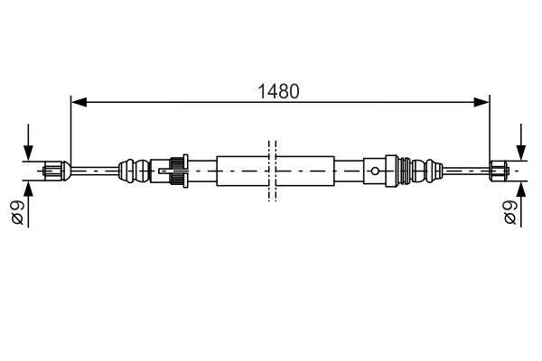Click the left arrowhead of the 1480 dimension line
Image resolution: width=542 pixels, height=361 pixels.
pos(78,101)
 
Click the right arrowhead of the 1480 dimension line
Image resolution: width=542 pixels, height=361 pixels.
pos(481,101)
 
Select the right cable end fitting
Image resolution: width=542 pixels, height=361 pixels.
pos(502,168)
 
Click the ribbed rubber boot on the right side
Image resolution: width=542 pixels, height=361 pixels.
pos(423,168)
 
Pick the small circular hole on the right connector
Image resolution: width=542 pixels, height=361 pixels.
pos(374,168)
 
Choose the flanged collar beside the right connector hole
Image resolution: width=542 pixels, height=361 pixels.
pos(392,168)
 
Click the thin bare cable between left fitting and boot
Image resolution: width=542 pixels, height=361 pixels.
pos(95,168)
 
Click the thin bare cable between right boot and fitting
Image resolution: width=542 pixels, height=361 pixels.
pos(465,168)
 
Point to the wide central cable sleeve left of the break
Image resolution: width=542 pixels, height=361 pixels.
pos(239,168)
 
